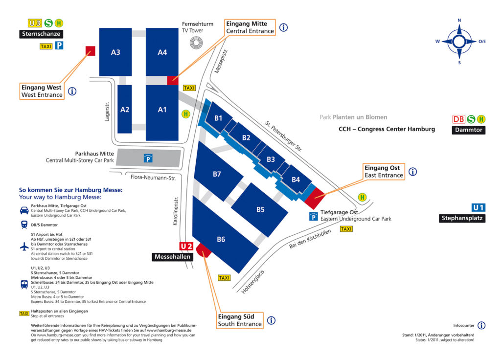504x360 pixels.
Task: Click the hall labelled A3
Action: (115, 52)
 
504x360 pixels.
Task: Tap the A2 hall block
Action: (125, 109)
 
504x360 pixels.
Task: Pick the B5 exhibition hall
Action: (260, 209)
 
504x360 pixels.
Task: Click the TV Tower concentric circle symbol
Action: (196, 43)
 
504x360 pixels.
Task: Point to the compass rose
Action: (459, 41)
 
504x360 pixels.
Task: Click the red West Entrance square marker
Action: (91, 51)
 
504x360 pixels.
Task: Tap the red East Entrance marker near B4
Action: (315, 198)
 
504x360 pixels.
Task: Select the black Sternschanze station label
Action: (41, 34)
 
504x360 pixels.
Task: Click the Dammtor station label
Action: (469, 130)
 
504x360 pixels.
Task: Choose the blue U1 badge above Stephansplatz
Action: (478, 208)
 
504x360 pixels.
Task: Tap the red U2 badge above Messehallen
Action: (186, 246)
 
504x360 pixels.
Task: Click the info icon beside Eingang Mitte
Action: (283, 27)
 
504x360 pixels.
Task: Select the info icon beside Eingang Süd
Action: (271, 320)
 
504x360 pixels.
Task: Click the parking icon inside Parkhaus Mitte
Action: (148, 158)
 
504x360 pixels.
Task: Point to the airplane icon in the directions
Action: (24, 247)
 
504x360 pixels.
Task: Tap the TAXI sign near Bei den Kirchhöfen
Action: (346, 229)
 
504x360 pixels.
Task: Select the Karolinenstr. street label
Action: (176, 211)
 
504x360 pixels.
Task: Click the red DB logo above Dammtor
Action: (458, 119)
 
